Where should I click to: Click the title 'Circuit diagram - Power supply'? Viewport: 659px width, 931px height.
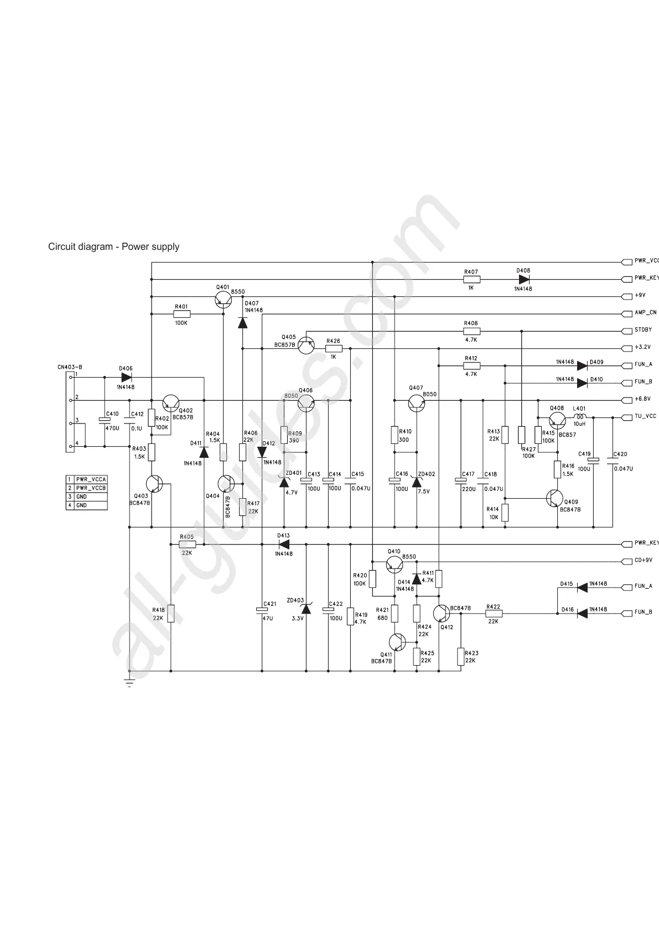click(113, 247)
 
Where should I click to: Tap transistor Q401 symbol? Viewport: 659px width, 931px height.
click(222, 300)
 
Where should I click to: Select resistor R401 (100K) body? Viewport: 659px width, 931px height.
click(181, 314)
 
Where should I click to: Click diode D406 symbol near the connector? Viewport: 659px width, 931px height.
click(126, 377)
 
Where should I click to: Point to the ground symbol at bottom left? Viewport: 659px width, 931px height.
click(129, 683)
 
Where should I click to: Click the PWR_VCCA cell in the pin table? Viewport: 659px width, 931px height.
click(91, 479)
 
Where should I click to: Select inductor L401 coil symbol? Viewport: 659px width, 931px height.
click(579, 417)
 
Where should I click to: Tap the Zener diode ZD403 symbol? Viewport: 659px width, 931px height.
click(306, 609)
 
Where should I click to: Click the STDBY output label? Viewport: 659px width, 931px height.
click(643, 330)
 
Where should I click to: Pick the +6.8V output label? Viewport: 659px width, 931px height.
click(642, 399)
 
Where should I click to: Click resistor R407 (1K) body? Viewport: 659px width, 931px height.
click(471, 279)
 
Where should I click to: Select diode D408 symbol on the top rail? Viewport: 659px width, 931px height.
click(524, 279)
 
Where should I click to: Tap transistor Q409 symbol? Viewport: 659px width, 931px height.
click(554, 498)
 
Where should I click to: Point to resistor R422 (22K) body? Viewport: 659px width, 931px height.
click(493, 613)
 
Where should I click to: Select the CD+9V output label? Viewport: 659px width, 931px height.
click(643, 561)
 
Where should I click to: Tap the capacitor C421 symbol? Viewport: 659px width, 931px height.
click(262, 610)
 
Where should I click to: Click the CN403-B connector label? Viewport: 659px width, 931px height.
click(70, 367)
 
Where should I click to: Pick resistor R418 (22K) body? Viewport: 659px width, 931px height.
click(170, 614)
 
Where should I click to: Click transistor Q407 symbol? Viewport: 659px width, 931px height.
click(417, 404)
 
